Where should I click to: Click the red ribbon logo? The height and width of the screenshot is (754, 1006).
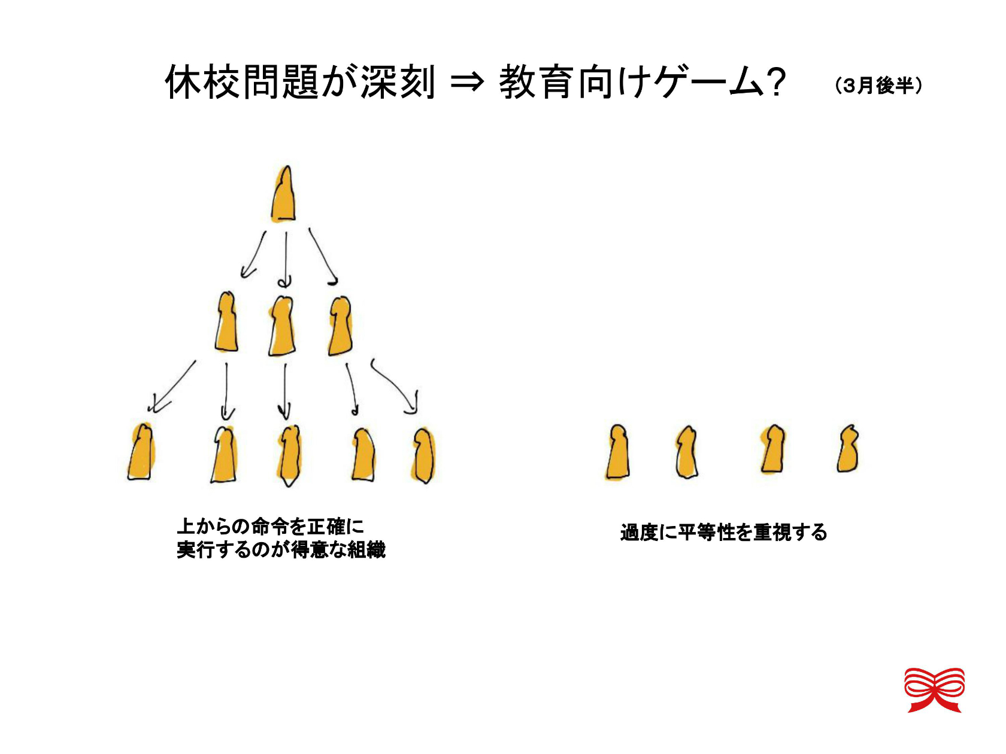coord(934,690)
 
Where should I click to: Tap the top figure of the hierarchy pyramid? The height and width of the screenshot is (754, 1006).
coord(283,194)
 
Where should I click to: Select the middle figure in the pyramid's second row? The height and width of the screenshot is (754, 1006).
coord(281,326)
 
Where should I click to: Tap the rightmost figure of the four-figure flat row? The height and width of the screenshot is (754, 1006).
coord(847,448)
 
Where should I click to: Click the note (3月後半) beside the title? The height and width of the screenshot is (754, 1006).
coord(878,86)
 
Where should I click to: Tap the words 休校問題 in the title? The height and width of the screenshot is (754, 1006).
coord(241,82)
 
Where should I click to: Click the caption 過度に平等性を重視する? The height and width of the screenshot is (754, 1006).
coord(724,533)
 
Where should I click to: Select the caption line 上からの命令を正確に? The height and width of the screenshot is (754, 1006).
coord(271,527)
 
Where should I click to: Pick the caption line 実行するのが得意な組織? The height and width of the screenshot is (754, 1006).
coord(281,549)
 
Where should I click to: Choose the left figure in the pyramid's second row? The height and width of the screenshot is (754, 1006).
coord(226,322)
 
